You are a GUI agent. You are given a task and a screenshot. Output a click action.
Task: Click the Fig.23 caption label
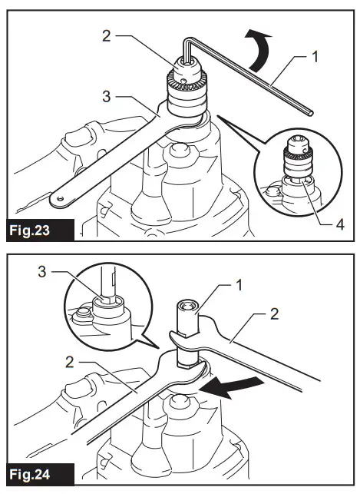pyautogui.click(x=38, y=230)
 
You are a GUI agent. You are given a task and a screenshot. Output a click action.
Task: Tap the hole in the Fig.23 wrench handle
pyautogui.click(x=55, y=199)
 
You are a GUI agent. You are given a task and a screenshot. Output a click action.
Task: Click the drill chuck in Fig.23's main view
pyautogui.click(x=184, y=88)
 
